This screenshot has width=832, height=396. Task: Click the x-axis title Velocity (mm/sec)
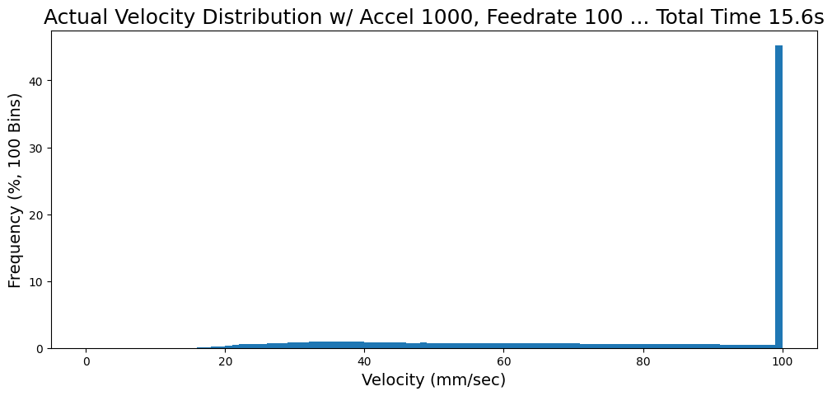tap(433, 380)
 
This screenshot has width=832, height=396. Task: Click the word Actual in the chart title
tap(72, 18)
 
